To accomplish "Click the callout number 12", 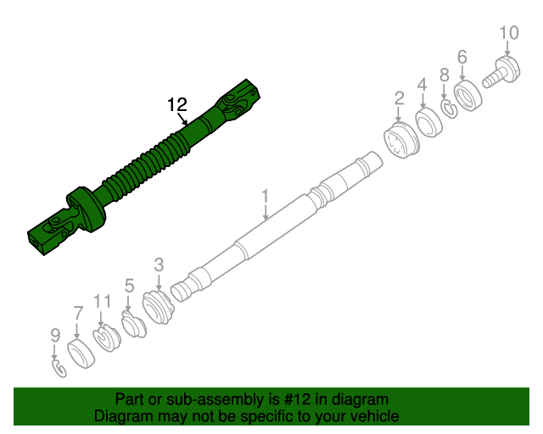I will pyautogui.click(x=176, y=105).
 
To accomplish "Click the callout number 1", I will pyautogui.click(x=265, y=196).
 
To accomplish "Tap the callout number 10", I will pyautogui.click(x=508, y=33).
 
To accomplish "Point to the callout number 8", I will pyautogui.click(x=443, y=76).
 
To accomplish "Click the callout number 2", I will pyautogui.click(x=399, y=100).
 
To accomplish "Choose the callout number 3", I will pyautogui.click(x=159, y=264).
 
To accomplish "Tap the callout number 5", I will pyautogui.click(x=129, y=286).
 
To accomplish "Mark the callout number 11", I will pyautogui.click(x=103, y=300).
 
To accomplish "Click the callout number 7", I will pyautogui.click(x=77, y=312).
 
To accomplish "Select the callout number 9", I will pyautogui.click(x=55, y=335).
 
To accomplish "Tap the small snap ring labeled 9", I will pyautogui.click(x=59, y=368).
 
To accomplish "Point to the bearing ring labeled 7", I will pyautogui.click(x=80, y=353).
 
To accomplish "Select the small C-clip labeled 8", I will pyautogui.click(x=448, y=108).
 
